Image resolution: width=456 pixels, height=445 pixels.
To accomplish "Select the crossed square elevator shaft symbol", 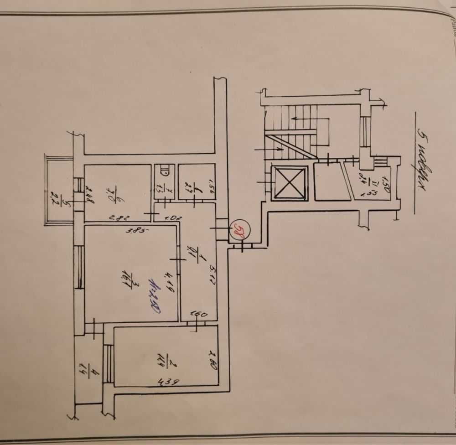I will [289, 183].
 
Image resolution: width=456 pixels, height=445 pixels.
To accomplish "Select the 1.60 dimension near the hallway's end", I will [200, 314].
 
